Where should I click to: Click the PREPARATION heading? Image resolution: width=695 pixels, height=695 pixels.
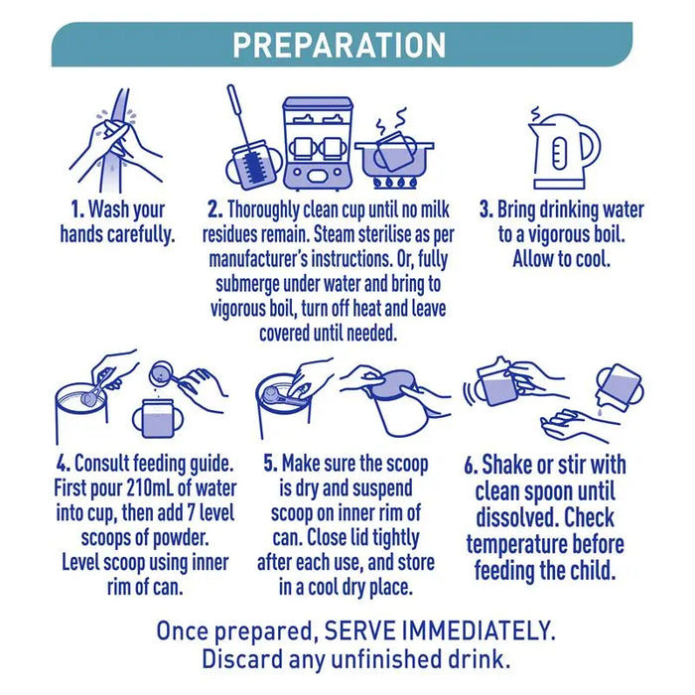click(x=340, y=45)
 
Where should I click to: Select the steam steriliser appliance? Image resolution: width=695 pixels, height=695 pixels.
click(x=318, y=143)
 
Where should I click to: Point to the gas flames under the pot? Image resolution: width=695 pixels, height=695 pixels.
click(x=394, y=182)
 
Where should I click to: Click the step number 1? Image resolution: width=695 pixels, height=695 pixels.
click(x=78, y=209)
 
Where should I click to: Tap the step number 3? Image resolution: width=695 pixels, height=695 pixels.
click(x=486, y=209)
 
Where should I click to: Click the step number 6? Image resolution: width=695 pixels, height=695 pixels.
click(x=472, y=466)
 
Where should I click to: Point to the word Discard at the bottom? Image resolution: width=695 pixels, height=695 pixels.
click(x=242, y=659)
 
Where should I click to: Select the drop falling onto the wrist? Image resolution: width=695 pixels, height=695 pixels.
click(x=600, y=412)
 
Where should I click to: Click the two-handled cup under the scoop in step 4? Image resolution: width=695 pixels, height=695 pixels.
click(x=158, y=418)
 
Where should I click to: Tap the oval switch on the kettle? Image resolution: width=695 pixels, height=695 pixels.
click(x=559, y=153)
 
